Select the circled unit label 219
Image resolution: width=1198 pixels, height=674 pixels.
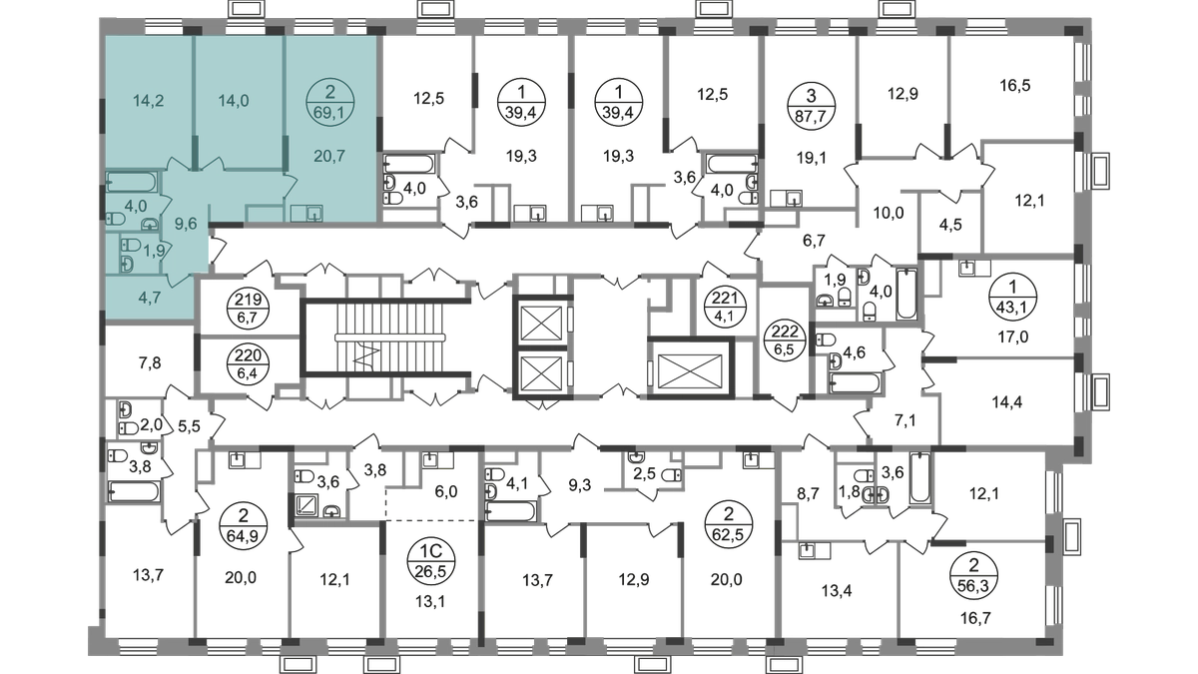(x=249, y=308)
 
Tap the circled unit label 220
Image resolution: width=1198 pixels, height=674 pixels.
(x=249, y=363)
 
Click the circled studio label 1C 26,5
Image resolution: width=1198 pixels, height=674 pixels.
(x=430, y=563)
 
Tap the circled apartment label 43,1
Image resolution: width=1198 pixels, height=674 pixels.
(x=1013, y=297)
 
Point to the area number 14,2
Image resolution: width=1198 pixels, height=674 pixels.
(x=148, y=101)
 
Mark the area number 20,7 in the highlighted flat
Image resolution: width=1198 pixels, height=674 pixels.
(x=329, y=156)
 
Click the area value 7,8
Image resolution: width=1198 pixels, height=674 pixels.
(x=150, y=363)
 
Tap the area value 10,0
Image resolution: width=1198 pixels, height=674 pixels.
(x=889, y=213)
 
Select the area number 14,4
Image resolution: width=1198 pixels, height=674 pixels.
(x=1007, y=402)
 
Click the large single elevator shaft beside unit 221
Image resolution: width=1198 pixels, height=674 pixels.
(x=690, y=369)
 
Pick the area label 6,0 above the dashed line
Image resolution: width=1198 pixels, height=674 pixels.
(x=446, y=492)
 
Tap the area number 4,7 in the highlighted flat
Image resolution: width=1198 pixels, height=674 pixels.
(x=149, y=298)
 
